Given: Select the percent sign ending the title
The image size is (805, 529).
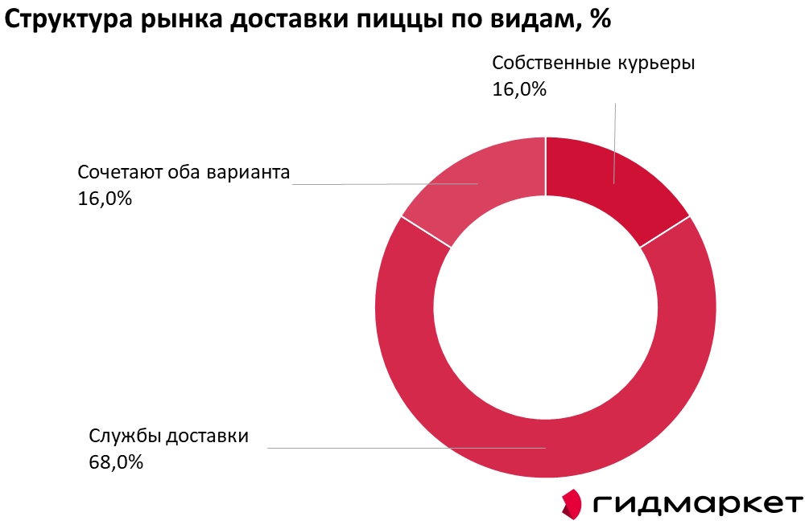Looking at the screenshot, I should (x=600, y=22).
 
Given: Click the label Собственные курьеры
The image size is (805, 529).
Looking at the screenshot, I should (x=592, y=64).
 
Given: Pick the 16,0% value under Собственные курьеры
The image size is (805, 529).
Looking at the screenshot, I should (x=519, y=89).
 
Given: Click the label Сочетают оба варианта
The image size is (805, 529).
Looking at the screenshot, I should (x=183, y=172).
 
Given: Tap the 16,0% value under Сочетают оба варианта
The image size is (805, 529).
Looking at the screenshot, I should (x=105, y=198).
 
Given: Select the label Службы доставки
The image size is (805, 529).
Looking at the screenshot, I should (x=168, y=436).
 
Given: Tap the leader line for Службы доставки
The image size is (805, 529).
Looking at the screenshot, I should (x=402, y=447).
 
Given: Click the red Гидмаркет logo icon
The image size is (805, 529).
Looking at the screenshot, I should (x=572, y=503).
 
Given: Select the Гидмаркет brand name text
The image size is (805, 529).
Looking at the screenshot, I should (x=697, y=504).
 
